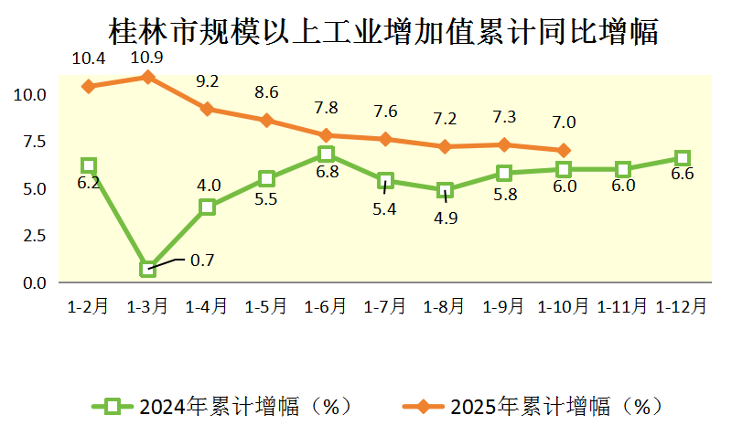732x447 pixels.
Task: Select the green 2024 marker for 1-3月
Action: [148, 269]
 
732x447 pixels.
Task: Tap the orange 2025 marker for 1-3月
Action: [148, 77]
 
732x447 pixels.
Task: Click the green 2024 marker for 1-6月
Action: [327, 154]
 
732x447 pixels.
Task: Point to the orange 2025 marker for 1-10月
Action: [564, 151]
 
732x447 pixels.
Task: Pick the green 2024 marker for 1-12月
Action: [683, 158]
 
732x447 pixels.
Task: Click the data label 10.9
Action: [148, 57]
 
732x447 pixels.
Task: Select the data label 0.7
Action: [201, 261]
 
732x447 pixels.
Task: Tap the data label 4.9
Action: [445, 218]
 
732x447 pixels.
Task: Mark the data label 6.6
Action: [683, 175]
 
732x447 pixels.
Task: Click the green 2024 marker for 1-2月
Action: [89, 165]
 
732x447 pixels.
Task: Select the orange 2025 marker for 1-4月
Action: [208, 109]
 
